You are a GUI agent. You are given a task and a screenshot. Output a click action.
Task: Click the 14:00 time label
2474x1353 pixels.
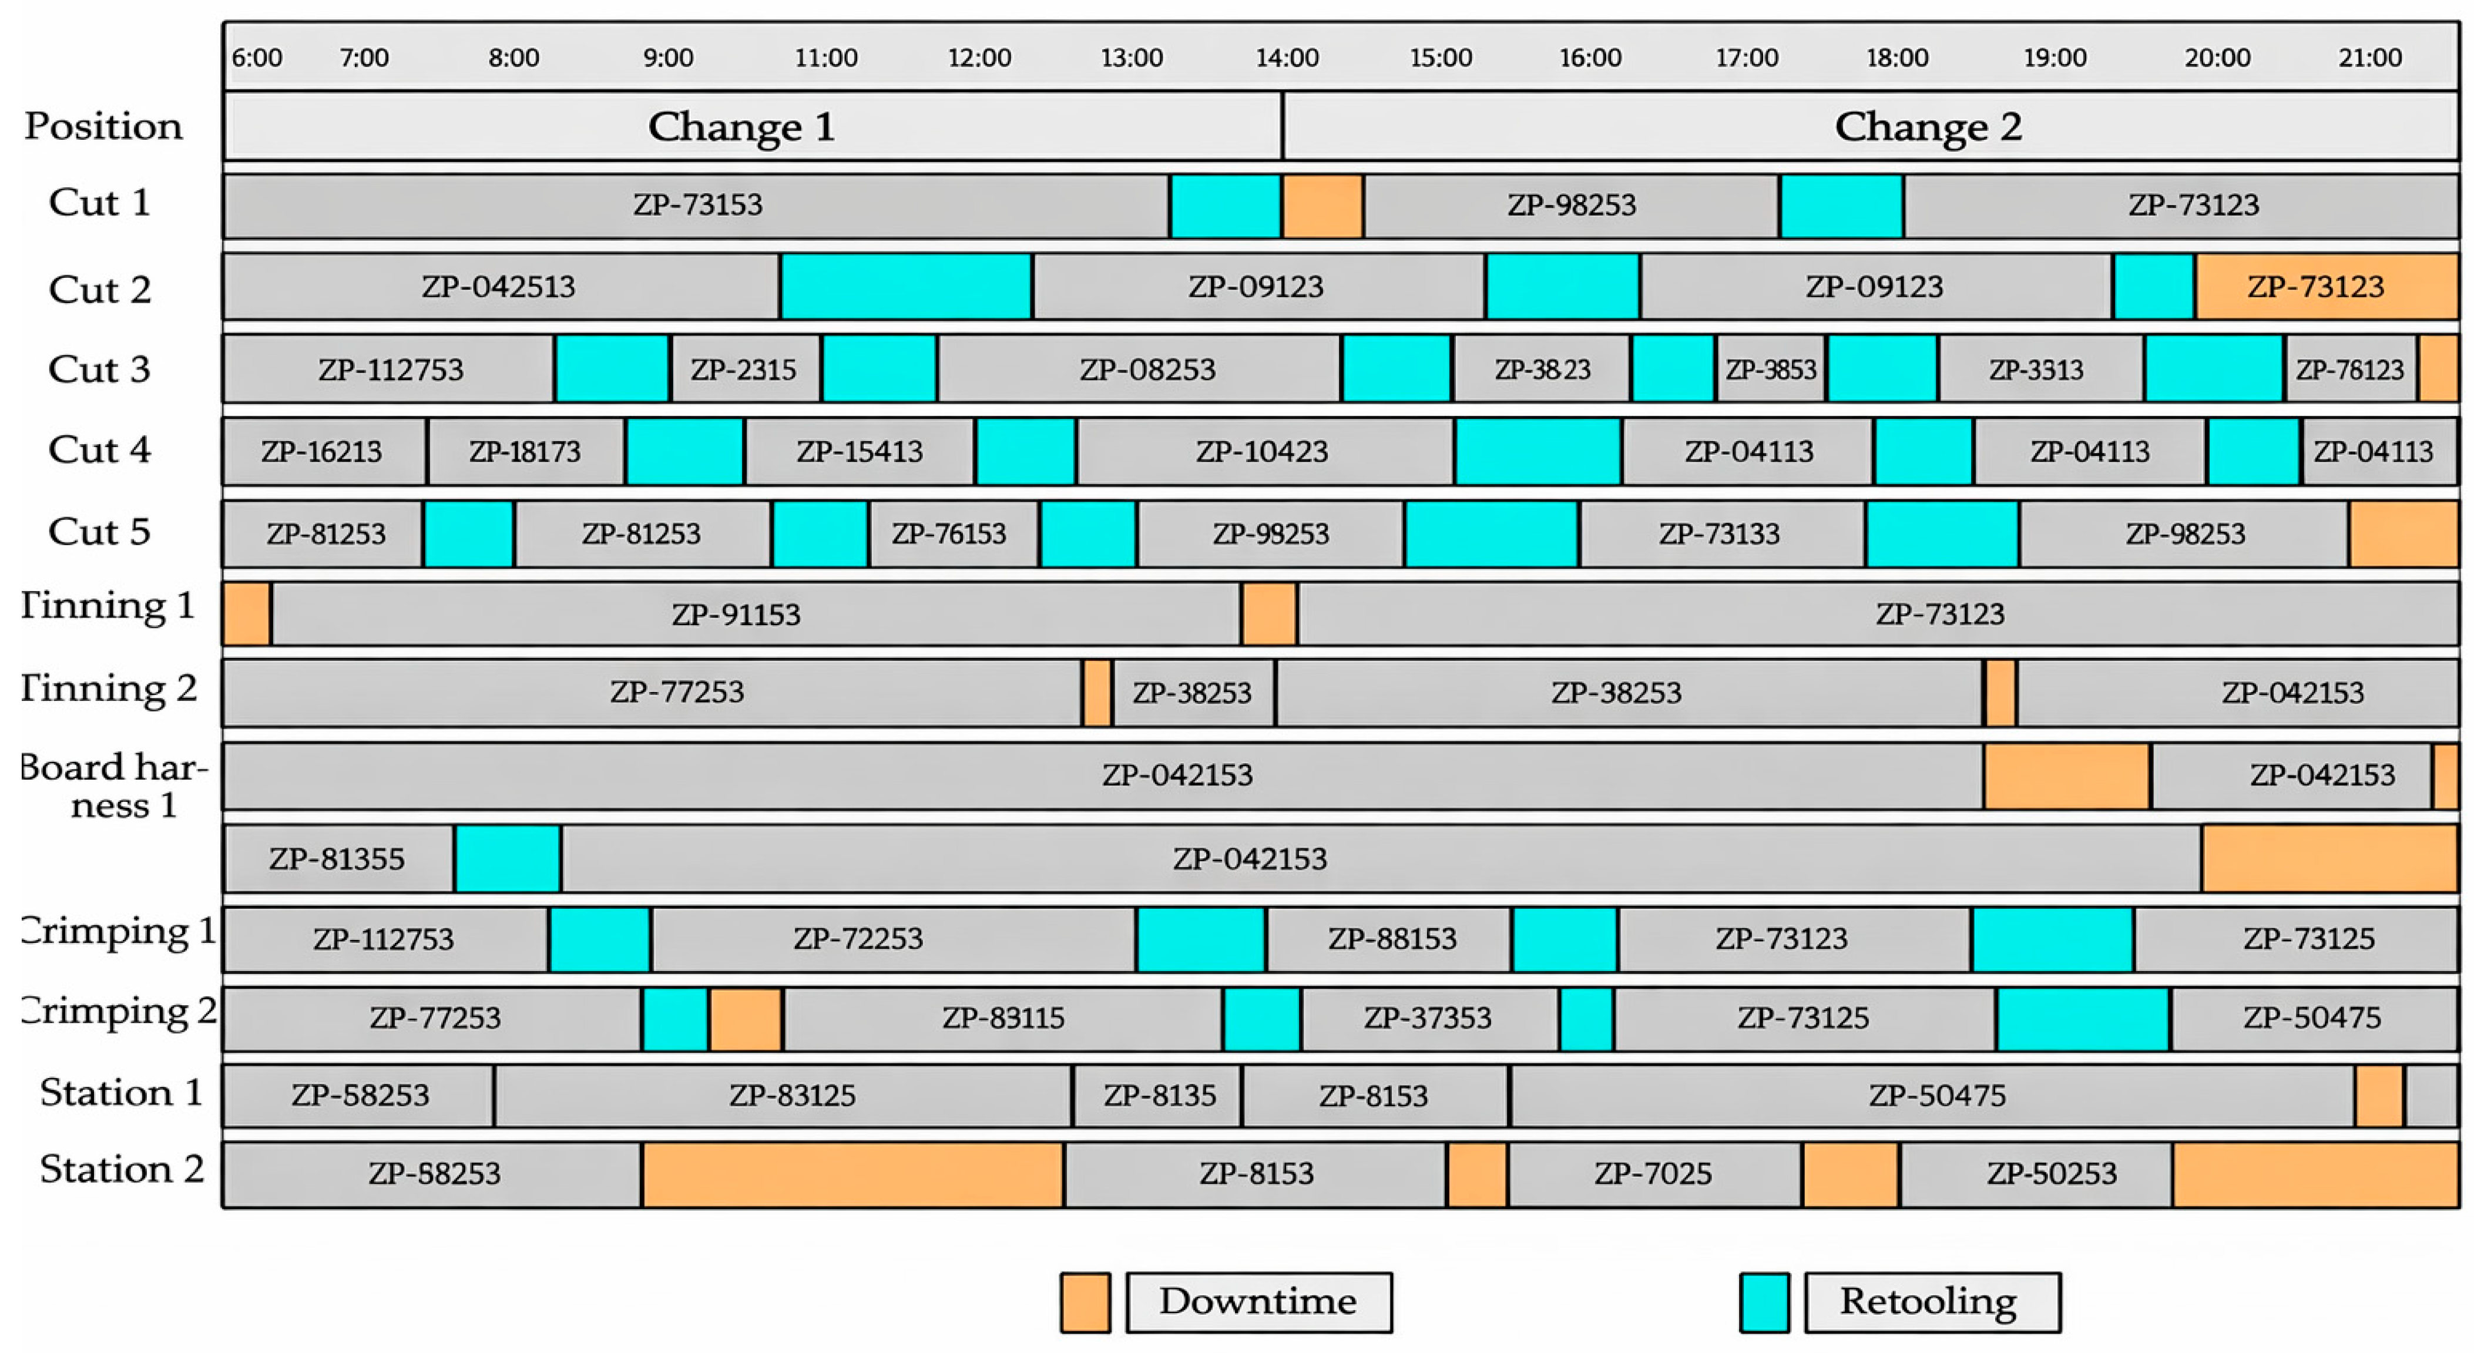[1287, 58]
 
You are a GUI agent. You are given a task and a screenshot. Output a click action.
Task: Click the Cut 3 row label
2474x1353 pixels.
[100, 369]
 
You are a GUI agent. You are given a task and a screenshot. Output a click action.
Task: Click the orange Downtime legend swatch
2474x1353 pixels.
[1085, 1302]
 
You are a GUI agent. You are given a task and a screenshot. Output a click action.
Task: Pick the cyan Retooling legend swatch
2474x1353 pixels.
[1764, 1302]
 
